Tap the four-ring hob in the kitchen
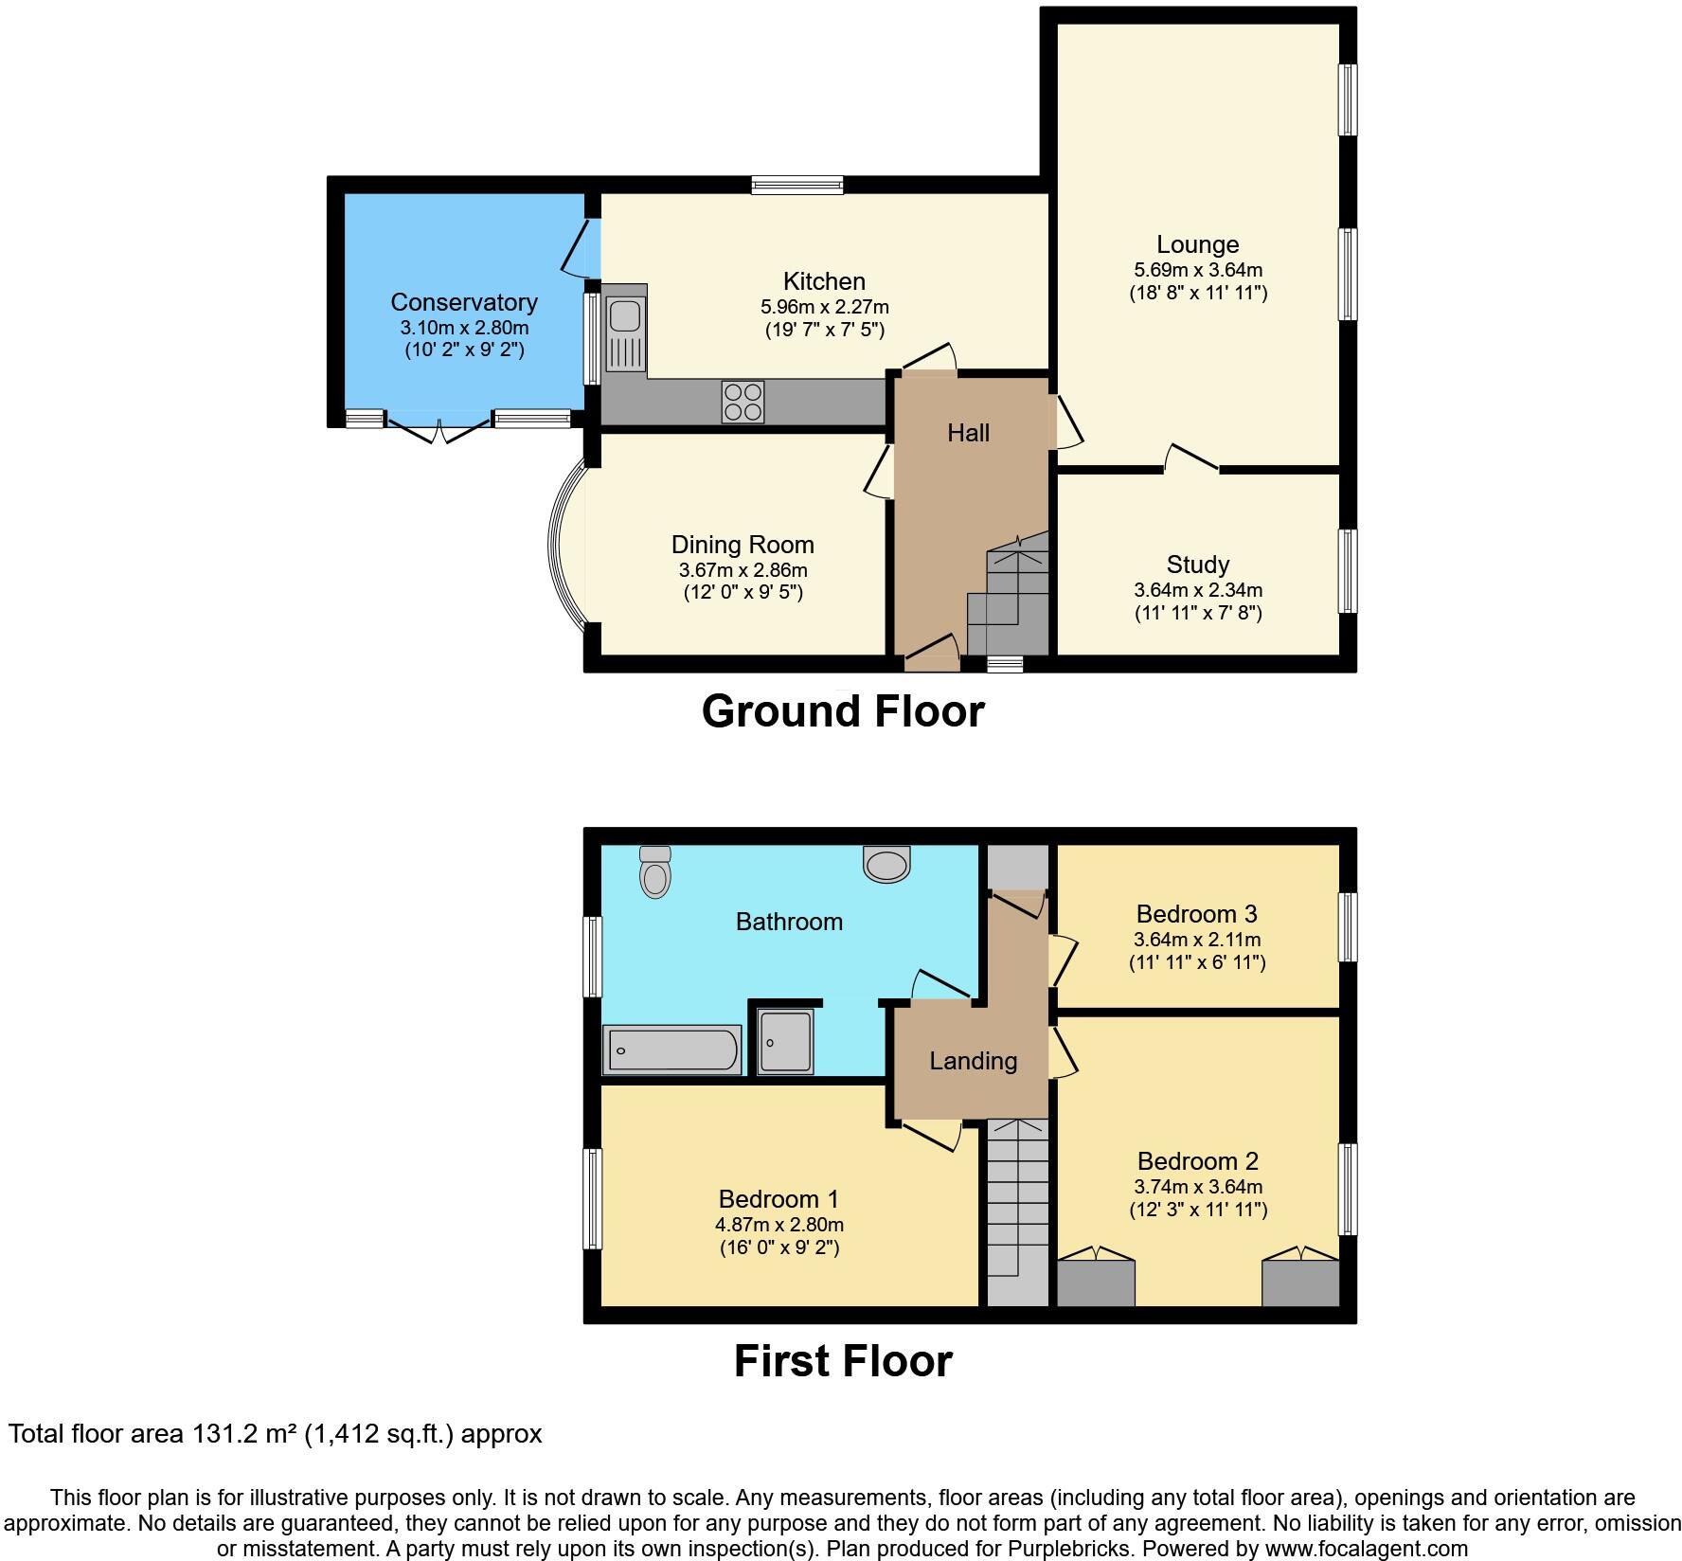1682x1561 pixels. click(x=743, y=402)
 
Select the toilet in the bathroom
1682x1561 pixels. click(x=654, y=871)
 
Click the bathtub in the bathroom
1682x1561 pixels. click(x=672, y=1050)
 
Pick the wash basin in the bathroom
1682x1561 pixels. click(x=886, y=863)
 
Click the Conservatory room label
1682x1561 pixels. click(x=464, y=302)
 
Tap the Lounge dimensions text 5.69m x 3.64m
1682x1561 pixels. click(x=1198, y=270)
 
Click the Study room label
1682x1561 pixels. click(x=1198, y=565)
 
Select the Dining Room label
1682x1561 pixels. click(x=743, y=545)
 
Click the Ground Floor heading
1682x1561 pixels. click(x=843, y=711)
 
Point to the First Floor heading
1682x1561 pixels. click(x=843, y=1361)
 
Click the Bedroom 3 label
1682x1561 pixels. click(x=1197, y=914)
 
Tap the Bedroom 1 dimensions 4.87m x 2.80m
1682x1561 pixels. click(x=779, y=1225)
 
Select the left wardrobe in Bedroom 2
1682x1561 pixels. click(x=1096, y=1283)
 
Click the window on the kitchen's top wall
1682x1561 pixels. click(x=797, y=185)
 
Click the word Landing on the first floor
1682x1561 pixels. click(x=973, y=1061)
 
